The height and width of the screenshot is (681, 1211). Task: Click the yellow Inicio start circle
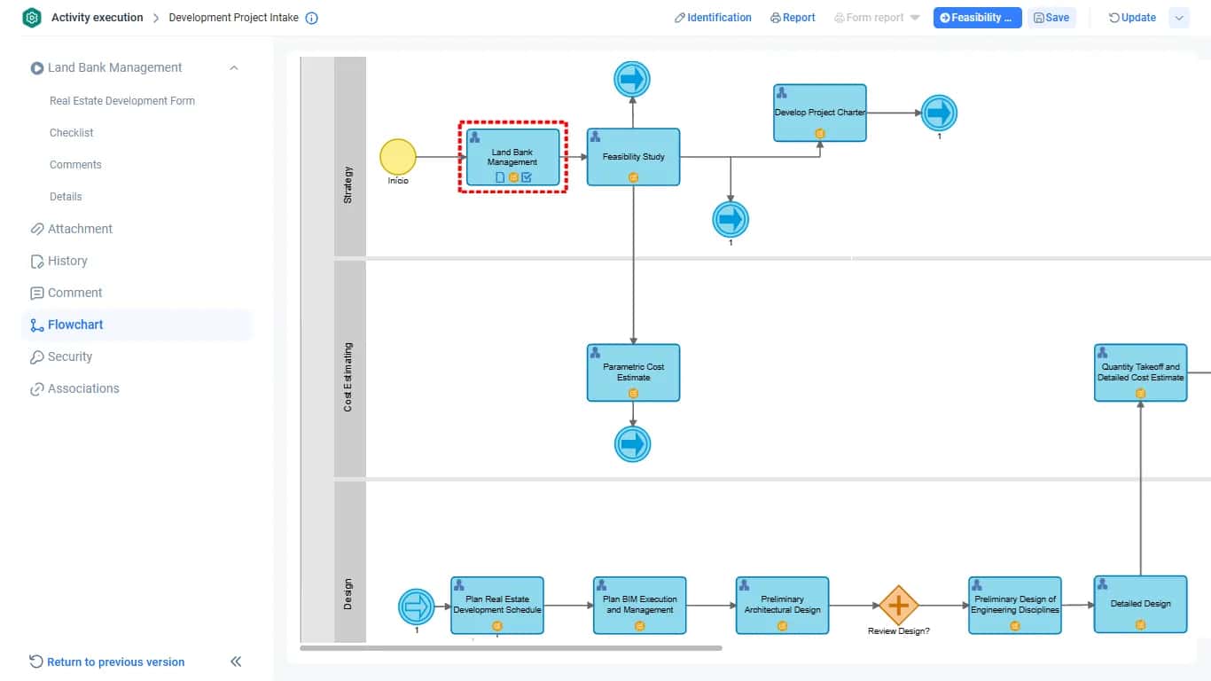(398, 157)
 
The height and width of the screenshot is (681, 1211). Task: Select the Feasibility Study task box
(633, 157)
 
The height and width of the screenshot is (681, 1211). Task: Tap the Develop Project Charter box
(819, 113)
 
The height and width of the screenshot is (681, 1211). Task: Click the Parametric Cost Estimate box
(633, 372)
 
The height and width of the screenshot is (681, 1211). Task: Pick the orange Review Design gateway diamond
(899, 606)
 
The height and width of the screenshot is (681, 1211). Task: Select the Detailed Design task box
(1140, 604)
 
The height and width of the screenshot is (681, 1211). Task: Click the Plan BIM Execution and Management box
(639, 606)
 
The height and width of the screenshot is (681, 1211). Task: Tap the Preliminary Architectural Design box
(782, 606)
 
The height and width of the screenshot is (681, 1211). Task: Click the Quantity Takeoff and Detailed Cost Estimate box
(1140, 372)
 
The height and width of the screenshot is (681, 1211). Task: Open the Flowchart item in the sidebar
(75, 325)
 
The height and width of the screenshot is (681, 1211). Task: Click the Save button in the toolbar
(1051, 18)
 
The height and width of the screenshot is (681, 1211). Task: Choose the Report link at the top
(793, 18)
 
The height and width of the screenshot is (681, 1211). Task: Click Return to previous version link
(116, 661)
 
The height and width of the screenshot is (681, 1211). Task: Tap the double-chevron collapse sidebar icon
(236, 661)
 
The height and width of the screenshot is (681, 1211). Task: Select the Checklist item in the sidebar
(71, 132)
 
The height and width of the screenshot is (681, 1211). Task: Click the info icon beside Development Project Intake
(311, 18)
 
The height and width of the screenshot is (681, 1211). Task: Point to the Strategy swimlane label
(348, 185)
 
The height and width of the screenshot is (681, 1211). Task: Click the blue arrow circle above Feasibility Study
(632, 79)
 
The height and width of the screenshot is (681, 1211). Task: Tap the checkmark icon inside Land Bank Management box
(527, 176)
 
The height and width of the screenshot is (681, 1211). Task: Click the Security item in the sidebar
(70, 356)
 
